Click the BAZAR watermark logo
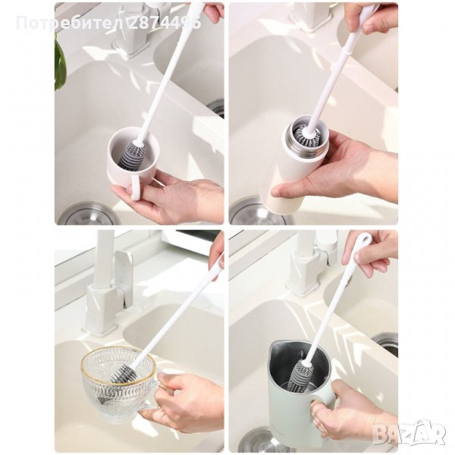tap(409, 434)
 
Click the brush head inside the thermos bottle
tap(308, 136)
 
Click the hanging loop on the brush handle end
tap(363, 240)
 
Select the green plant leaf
tap(60, 62)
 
